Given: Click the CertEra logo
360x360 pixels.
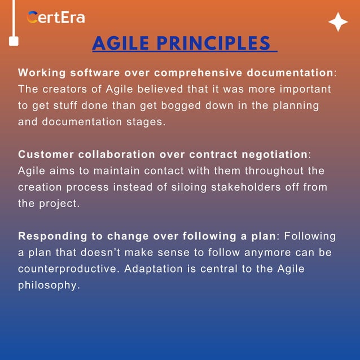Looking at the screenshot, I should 56,17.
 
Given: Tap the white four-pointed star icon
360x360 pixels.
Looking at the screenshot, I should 338,22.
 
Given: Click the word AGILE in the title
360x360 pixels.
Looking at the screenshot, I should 120,44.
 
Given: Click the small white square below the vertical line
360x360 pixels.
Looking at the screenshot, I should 14,41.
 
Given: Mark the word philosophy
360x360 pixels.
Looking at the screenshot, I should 49,286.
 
